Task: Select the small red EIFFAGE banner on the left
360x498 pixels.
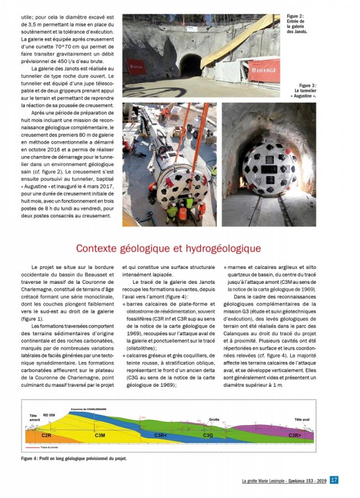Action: coord(136,66)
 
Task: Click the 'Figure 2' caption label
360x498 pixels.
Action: coord(296,17)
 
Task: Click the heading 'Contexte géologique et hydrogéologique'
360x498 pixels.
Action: coord(168,248)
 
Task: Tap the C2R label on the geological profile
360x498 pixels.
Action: coord(46,436)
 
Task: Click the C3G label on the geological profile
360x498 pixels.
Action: coord(208,436)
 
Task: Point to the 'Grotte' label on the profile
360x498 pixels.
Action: coord(214,420)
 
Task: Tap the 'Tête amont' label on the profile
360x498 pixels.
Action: coord(35,417)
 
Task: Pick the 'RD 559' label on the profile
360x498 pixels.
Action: coord(49,414)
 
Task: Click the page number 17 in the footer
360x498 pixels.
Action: coord(334,480)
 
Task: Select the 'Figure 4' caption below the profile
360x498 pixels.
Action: coord(74,459)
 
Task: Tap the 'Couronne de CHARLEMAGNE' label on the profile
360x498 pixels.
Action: coord(88,409)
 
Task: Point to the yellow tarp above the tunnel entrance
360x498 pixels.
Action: coord(243,39)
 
